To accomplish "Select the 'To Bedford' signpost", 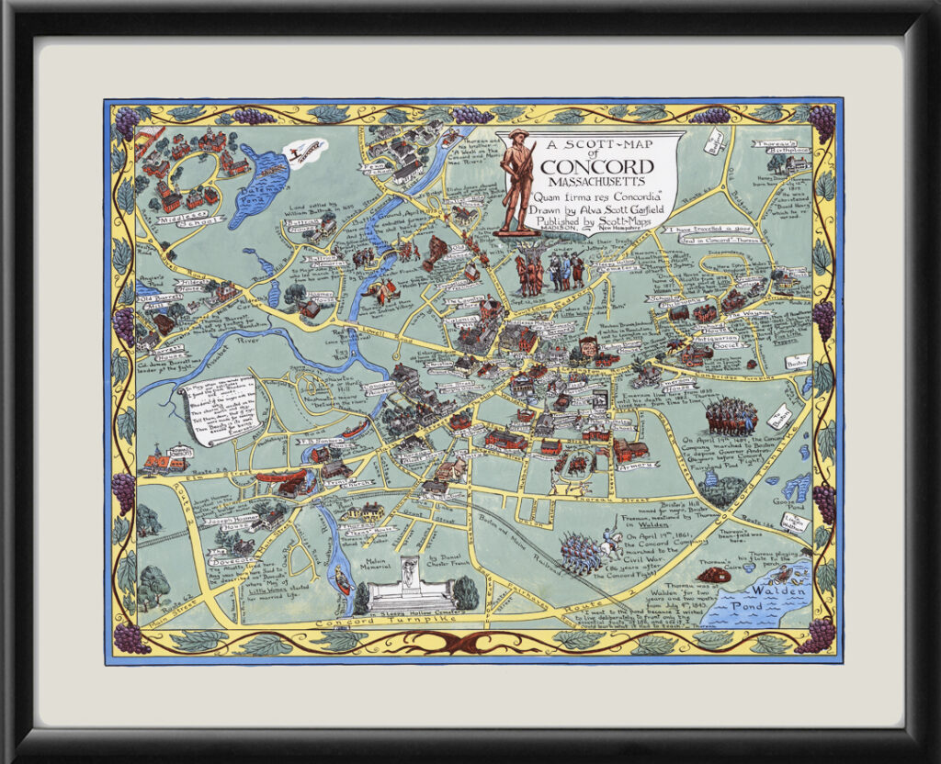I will [716, 141].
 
